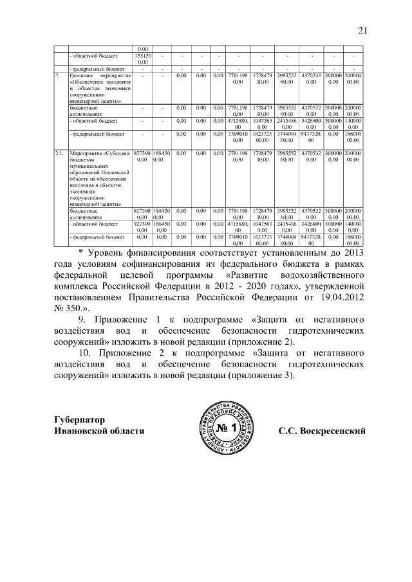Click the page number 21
pyautogui.click(x=362, y=30)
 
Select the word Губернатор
pyautogui.click(x=79, y=419)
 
